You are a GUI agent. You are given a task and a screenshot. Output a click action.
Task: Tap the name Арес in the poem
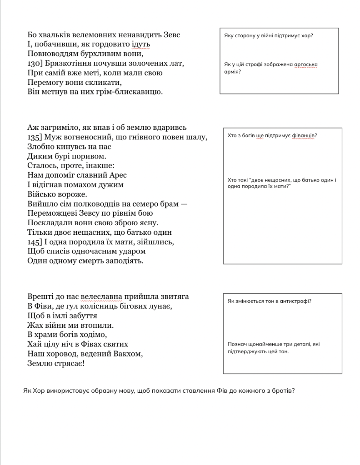pyautogui.click(x=118, y=175)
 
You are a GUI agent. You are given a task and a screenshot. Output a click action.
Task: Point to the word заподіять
pyautogui.click(x=125, y=261)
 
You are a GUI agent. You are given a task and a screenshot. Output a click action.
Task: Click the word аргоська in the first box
pyautogui.click(x=305, y=64)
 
